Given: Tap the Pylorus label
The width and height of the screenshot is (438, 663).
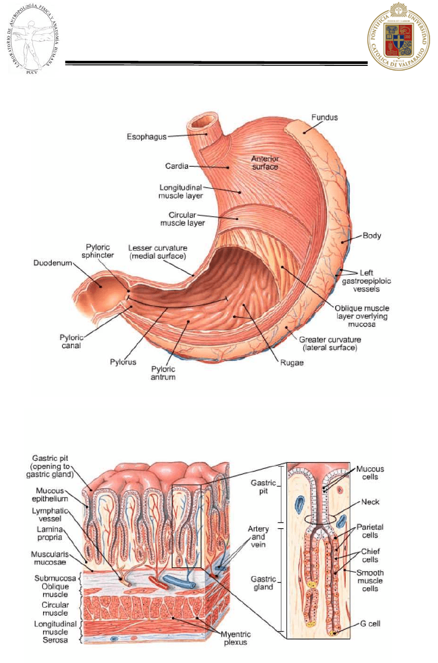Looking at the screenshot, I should [x=123, y=362].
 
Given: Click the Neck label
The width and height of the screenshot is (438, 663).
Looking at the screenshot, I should [x=370, y=502].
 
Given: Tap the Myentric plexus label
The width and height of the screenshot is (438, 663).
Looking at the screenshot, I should [x=235, y=638].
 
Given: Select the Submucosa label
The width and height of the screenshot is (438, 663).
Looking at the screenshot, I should [x=55, y=578].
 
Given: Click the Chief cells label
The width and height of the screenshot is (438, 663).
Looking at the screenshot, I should [x=370, y=555].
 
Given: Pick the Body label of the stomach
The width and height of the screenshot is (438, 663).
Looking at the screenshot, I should [x=372, y=236].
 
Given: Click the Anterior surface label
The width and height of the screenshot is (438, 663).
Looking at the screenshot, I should [x=265, y=162].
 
